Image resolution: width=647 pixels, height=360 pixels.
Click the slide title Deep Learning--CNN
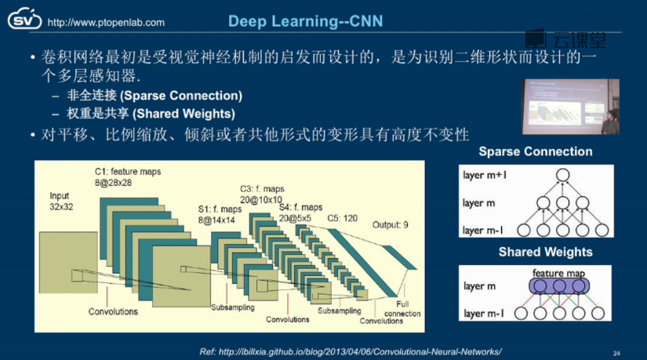point(305,20)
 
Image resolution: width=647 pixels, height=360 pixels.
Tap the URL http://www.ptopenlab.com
point(106,23)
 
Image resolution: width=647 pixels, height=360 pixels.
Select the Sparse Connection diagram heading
point(536,151)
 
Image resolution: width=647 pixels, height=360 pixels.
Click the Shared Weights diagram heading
point(545,252)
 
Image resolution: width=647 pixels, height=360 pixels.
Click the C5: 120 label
point(343,216)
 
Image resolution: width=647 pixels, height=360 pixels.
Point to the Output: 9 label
point(391,224)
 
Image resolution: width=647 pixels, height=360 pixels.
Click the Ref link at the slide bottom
point(346,350)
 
